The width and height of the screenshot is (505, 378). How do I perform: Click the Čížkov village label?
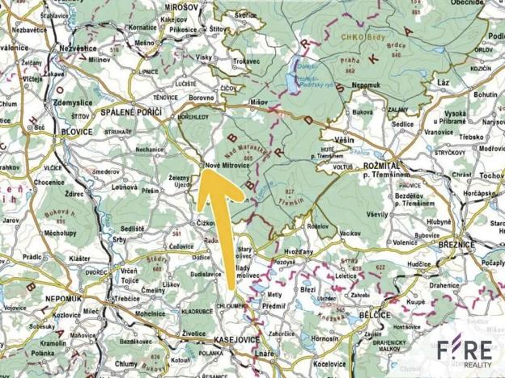pos(206,221)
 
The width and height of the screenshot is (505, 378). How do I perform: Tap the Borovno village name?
pos(201,97)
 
